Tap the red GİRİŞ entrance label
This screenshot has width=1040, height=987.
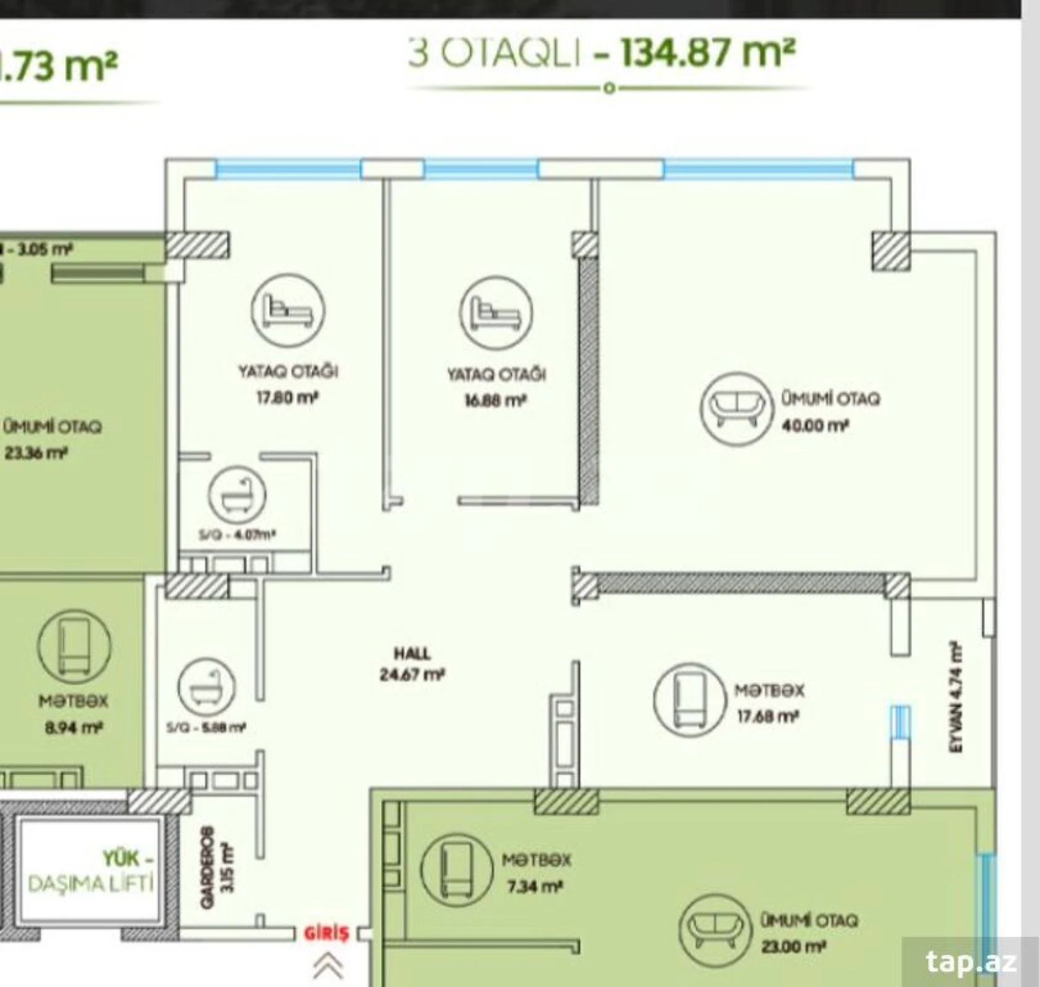click(x=327, y=933)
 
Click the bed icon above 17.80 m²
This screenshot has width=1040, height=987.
click(x=288, y=311)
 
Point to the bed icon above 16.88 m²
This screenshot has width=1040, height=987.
click(x=496, y=313)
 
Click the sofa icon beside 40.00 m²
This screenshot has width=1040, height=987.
click(x=736, y=408)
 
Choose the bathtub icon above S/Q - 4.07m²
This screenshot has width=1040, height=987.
click(x=237, y=495)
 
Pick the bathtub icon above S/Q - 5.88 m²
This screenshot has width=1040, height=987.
click(x=206, y=687)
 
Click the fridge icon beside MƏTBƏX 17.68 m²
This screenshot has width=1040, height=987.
click(x=689, y=700)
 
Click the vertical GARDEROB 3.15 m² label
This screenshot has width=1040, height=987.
click(x=217, y=867)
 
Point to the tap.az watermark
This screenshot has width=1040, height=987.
click(x=970, y=962)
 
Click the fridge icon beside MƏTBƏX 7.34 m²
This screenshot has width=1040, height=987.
click(x=457, y=869)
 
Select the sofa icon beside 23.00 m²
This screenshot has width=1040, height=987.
click(x=715, y=930)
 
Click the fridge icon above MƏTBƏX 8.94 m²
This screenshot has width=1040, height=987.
click(x=75, y=646)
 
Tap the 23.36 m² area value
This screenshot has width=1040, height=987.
click(x=36, y=453)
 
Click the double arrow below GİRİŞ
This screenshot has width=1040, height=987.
click(x=327, y=965)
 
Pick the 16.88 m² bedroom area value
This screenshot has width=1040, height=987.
click(x=496, y=401)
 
